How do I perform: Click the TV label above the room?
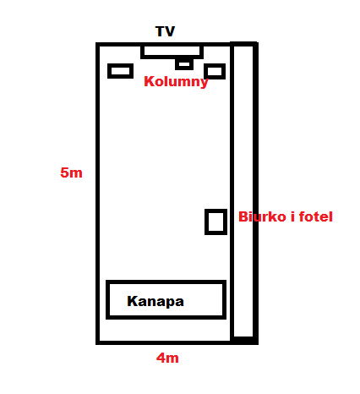coord(165,31)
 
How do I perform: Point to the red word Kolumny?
coord(176,82)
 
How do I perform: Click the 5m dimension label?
coord(71,172)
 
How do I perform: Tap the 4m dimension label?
coord(167,358)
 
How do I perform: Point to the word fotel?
coord(316,216)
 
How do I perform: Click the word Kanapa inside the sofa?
coord(155,301)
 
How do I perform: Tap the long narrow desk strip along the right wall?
coord(255,193)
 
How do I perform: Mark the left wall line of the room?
coord(98,194)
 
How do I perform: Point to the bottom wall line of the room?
coord(177,342)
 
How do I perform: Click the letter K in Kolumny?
coord(149,81)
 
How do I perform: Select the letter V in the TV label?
coord(170,31)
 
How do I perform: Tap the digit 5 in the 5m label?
coord(65,172)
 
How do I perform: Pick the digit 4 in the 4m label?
coord(161,358)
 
